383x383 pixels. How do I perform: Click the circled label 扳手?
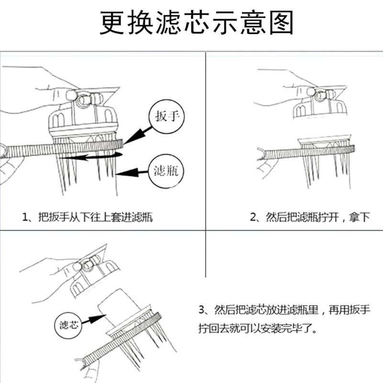pos(164,117)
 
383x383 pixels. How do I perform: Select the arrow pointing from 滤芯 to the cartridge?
pos(94,318)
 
